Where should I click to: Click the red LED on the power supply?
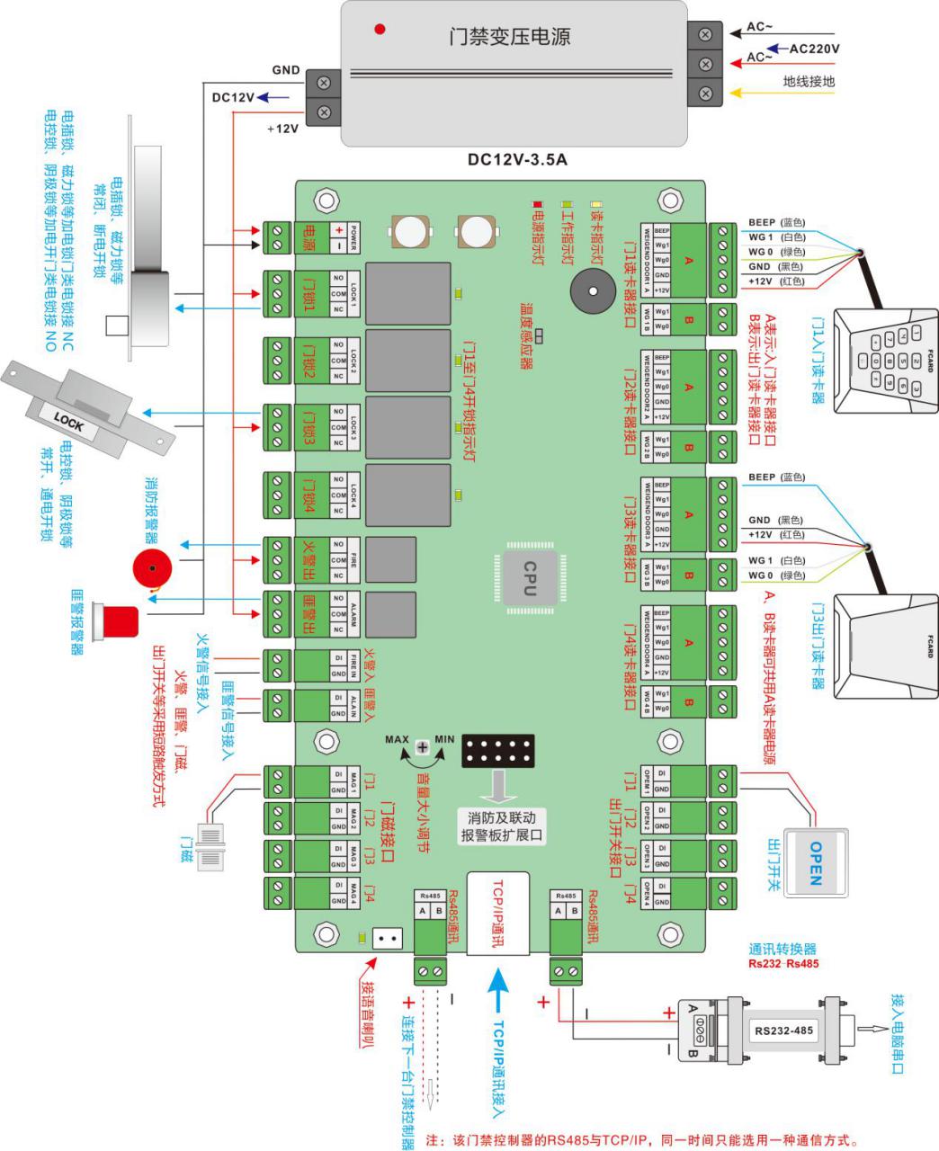click(380, 30)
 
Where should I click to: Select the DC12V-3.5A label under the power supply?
click(517, 160)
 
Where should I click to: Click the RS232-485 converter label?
click(783, 1031)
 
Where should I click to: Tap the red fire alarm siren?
click(151, 567)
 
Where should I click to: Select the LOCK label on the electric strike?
click(69, 420)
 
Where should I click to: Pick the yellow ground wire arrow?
click(754, 92)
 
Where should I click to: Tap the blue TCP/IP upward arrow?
click(497, 988)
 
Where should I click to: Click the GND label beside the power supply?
click(286, 70)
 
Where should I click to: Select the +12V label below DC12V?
click(282, 129)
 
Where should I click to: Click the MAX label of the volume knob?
click(397, 740)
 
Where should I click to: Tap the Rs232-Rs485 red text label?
click(782, 964)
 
